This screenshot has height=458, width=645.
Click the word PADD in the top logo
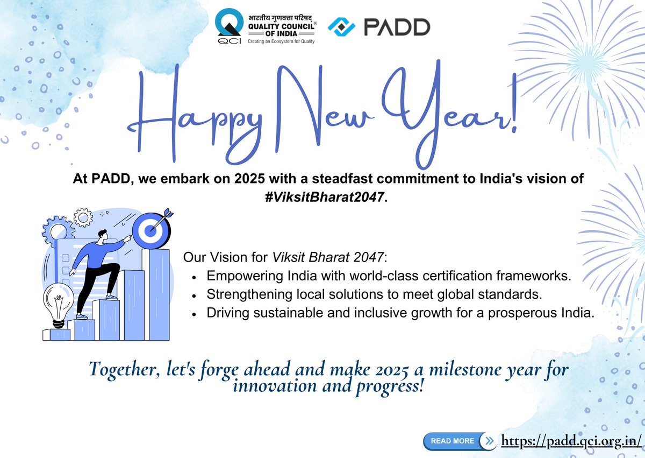pos(397,27)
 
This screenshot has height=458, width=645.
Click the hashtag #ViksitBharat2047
pos(322,197)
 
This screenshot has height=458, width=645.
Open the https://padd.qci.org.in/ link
pos(571,441)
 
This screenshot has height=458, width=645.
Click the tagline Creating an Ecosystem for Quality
pos(281,41)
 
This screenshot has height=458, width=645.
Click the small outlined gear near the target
pos(83,217)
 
